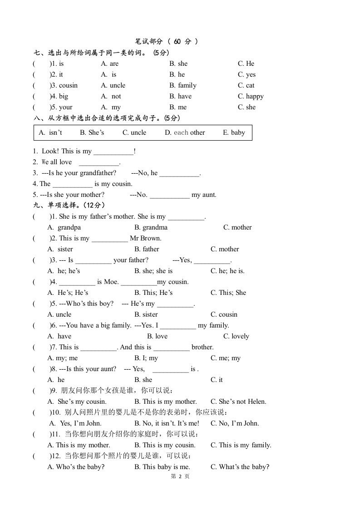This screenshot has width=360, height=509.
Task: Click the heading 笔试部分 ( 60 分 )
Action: click(167, 41)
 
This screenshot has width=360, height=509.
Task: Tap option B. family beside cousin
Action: click(183, 85)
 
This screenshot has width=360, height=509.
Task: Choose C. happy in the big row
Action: click(251, 96)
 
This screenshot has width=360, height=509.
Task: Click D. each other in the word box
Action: click(185, 132)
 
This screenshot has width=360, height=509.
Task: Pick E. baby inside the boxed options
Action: click(234, 132)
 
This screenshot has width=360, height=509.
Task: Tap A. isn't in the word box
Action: click(50, 132)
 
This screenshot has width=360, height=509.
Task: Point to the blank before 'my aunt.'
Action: click(169, 195)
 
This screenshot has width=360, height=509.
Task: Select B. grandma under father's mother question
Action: click(151, 227)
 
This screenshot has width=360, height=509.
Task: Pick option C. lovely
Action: click(236, 336)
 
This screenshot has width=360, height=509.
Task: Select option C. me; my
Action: click(226, 358)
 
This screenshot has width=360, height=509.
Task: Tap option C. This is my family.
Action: click(241, 445)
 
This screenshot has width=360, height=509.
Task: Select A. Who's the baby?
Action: click(76, 467)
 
